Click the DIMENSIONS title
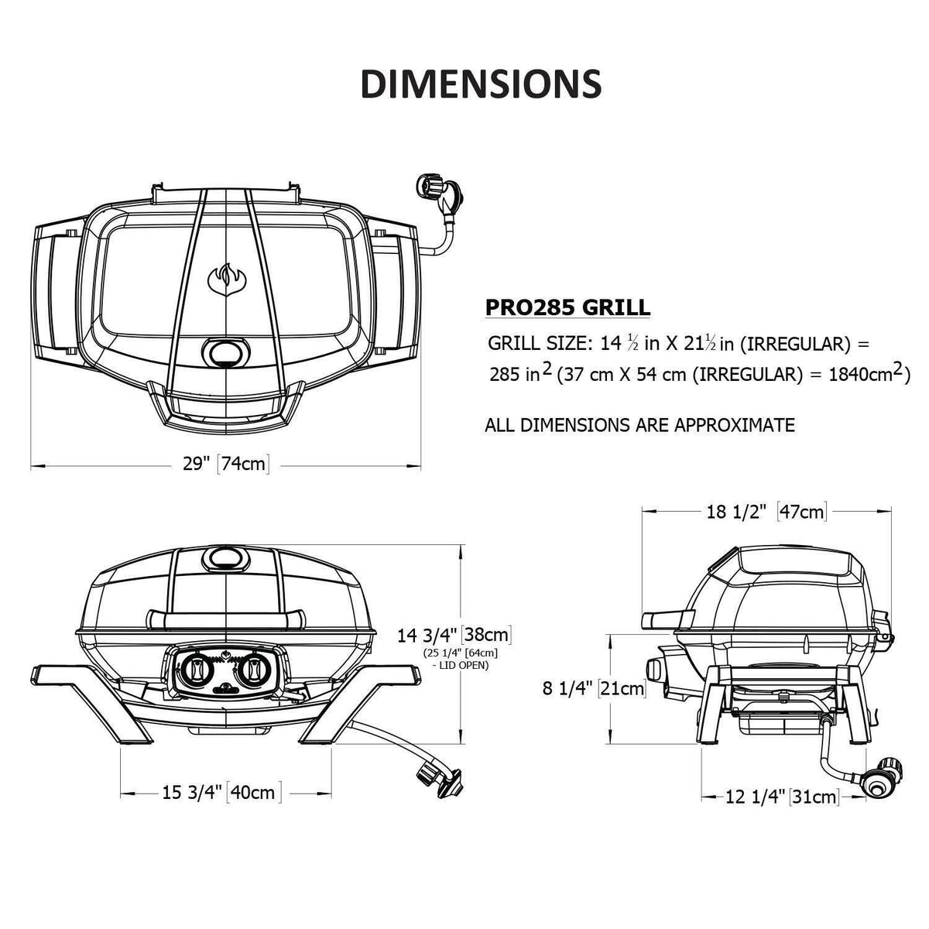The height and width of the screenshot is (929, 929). pos(481,84)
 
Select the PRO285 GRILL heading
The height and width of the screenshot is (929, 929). pos(567,307)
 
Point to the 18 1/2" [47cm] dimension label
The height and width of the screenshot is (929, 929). pos(766,512)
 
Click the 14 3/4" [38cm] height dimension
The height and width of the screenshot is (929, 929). pos(454,635)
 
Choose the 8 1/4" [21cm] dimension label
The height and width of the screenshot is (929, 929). pos(594,688)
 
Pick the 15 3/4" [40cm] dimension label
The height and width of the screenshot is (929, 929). pos(221,792)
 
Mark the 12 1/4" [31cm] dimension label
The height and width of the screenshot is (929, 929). pos(781,797)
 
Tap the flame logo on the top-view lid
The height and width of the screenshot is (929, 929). pos(227,279)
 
